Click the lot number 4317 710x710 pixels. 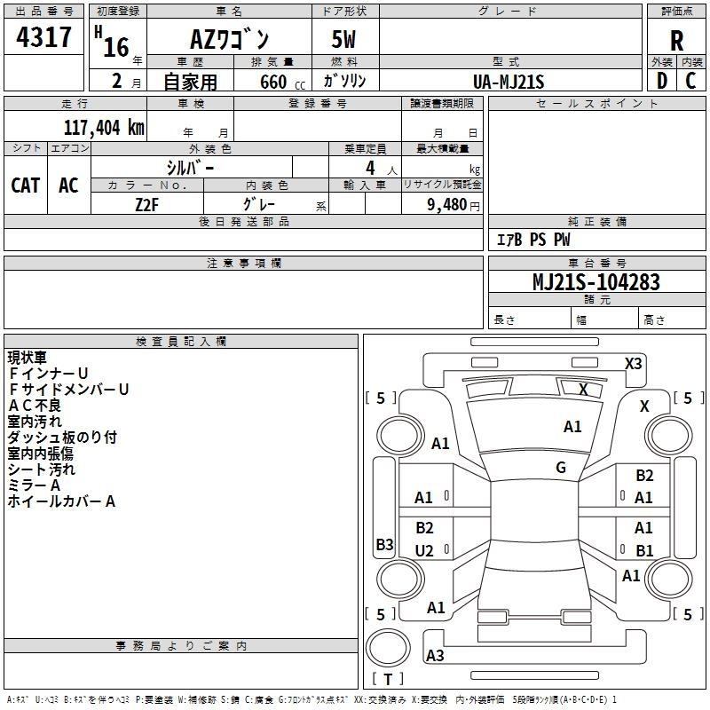[x=44, y=38]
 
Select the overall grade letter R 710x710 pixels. [x=676, y=40]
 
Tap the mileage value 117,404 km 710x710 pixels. [x=104, y=128]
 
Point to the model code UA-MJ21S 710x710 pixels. [x=508, y=81]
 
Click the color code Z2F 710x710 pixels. [x=147, y=203]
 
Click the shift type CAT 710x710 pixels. [x=25, y=185]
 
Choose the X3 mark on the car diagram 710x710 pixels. [x=633, y=363]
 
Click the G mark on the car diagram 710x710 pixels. [x=561, y=468]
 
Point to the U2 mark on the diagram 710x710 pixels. [x=424, y=551]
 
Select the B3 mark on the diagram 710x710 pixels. [x=384, y=545]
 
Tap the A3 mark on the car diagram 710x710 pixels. [x=435, y=656]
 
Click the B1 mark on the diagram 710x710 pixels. [x=644, y=551]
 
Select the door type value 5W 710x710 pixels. [x=345, y=40]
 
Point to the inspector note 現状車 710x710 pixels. [x=28, y=358]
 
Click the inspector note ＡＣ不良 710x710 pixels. [x=35, y=406]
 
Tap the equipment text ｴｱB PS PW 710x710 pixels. [x=532, y=240]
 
